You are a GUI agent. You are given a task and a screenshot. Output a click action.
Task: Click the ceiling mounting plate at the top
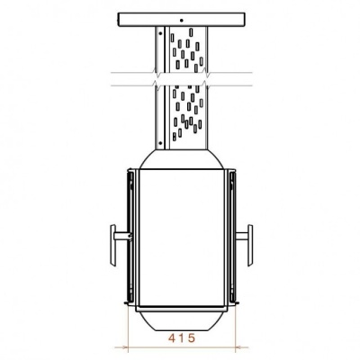180,19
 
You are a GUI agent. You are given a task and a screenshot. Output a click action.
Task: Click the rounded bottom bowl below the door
180,317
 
